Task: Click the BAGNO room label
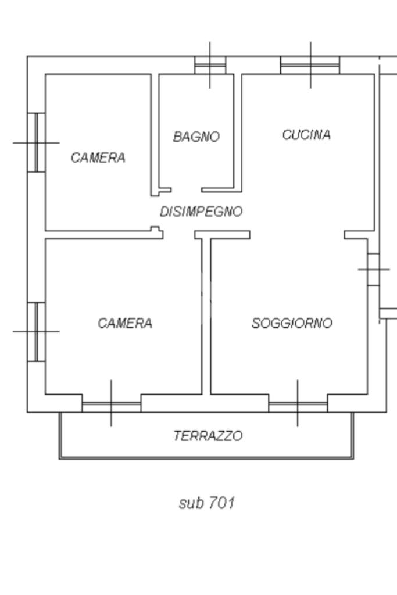(x=196, y=137)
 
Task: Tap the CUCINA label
(x=306, y=135)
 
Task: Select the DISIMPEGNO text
(x=201, y=212)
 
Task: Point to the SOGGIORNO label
(x=292, y=323)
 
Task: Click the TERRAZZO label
(x=208, y=435)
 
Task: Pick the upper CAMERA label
(x=98, y=157)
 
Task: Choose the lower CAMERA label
(x=125, y=323)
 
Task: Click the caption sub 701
(x=206, y=503)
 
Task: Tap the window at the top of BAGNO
(x=209, y=65)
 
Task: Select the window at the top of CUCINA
(x=310, y=65)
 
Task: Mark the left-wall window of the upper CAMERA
(x=36, y=142)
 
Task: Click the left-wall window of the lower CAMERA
(x=36, y=331)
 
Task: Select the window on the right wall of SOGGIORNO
(x=373, y=270)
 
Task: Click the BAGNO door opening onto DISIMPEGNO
(x=186, y=190)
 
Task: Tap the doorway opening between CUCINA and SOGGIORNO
(x=297, y=235)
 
